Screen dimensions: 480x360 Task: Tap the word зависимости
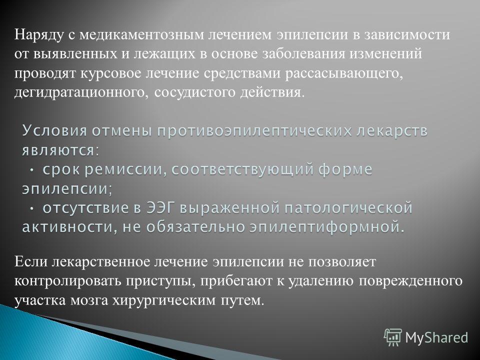tap(407, 34)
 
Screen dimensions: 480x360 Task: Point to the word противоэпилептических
tap(254, 131)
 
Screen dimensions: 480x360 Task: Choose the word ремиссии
tap(123, 170)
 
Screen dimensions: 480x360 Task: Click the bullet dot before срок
tap(32, 170)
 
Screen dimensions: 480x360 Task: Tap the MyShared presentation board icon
tap(393, 337)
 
